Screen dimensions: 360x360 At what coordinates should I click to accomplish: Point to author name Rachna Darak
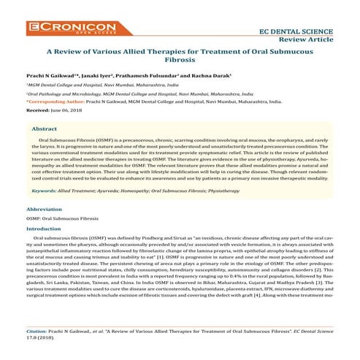point(214,76)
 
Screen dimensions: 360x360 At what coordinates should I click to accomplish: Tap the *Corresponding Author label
point(52,103)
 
